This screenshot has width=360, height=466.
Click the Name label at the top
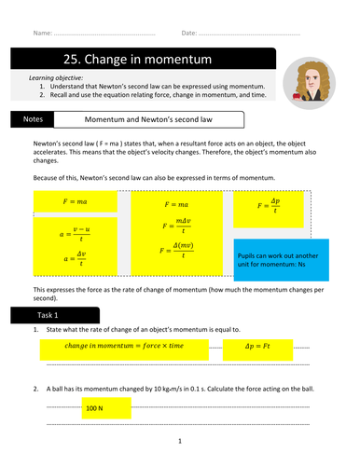tap(43, 33)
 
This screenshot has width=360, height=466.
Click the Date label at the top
tap(189, 33)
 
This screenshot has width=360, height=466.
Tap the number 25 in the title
tap(70, 59)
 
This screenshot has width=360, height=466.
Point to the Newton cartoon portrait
tap(309, 83)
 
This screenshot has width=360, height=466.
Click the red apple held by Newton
tap(297, 96)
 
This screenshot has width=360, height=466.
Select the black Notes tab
tap(33, 119)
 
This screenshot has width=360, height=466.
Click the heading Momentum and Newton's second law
tap(148, 119)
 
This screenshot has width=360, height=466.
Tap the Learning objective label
tap(56, 78)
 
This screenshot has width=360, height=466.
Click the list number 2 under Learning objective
tap(42, 95)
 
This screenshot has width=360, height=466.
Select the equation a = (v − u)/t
tap(75, 234)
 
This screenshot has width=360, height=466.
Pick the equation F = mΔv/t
tap(176, 226)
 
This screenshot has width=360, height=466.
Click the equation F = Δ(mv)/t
tap(176, 250)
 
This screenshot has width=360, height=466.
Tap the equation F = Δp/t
tap(269, 205)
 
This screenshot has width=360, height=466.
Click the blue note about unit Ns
tap(282, 260)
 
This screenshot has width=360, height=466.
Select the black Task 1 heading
tap(55, 315)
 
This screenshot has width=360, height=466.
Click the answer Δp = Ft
tap(257, 346)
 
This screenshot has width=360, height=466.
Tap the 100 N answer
tap(94, 408)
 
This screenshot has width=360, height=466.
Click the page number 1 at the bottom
tap(180, 441)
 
